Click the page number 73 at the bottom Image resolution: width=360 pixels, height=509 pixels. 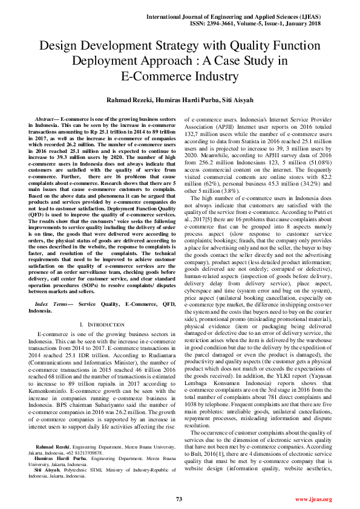179,499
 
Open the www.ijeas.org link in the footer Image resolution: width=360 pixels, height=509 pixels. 313,499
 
